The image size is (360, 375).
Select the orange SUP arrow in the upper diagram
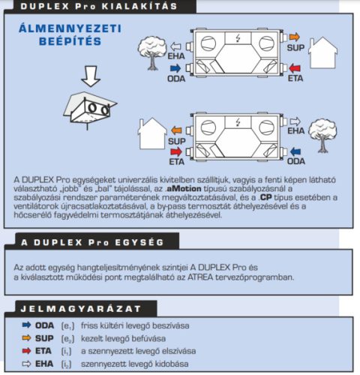tap(293, 35)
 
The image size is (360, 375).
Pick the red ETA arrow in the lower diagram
tap(177, 151)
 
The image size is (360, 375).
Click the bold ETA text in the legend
tap(43, 350)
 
